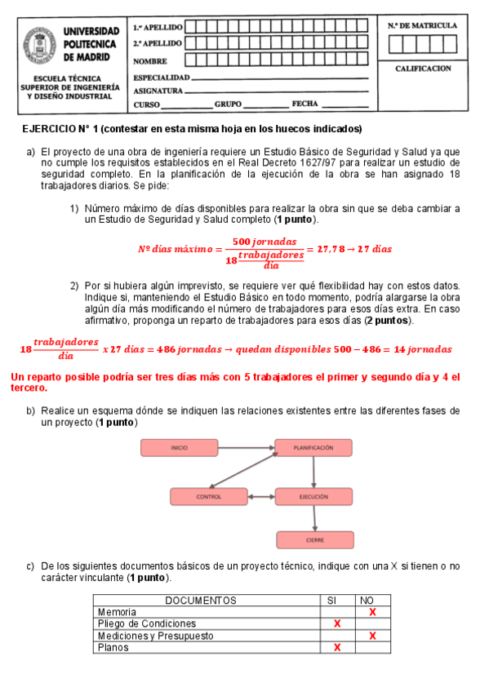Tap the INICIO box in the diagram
tap(179, 447)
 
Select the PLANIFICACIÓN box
tap(313, 447)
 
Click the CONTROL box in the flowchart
tap(208, 496)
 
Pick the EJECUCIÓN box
tap(313, 496)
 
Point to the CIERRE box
tap(314, 539)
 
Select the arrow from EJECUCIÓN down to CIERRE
tap(314, 518)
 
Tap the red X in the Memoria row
tap(372, 612)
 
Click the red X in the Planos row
tap(336, 647)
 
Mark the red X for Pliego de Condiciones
tap(336, 624)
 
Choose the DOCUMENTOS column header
tap(201, 601)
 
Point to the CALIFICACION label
tap(423, 69)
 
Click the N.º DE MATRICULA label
tap(423, 25)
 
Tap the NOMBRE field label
tap(150, 61)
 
